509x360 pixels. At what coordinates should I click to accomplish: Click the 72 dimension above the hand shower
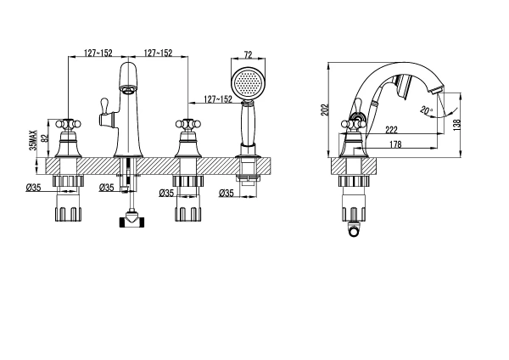click(x=248, y=55)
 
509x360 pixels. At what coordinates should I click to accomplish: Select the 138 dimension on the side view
click(x=457, y=126)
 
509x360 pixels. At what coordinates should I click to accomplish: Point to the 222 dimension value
click(x=391, y=130)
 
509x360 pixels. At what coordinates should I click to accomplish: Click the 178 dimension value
click(x=395, y=144)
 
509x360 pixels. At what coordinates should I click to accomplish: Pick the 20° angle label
click(x=427, y=110)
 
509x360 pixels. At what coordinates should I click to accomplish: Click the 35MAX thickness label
click(x=33, y=140)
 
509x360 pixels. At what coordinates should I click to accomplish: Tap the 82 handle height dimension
click(x=46, y=138)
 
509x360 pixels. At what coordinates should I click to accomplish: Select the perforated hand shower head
click(x=249, y=82)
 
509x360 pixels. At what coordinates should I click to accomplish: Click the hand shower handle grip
click(x=248, y=126)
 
